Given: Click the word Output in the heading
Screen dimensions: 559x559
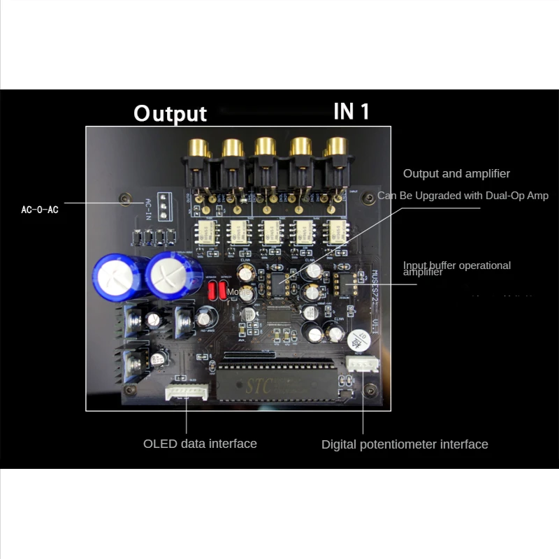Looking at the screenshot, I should click(x=170, y=113).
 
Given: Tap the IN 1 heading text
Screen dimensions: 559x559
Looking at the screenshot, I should click(x=351, y=111).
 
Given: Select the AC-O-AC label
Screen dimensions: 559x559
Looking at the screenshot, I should click(x=40, y=210).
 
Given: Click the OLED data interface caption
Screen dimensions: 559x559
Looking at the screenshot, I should click(x=200, y=444).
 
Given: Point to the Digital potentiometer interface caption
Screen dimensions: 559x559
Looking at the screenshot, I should click(x=405, y=444).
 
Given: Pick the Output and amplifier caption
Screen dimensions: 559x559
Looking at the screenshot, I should click(x=456, y=173).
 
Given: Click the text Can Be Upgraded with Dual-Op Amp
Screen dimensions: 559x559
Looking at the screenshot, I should click(x=463, y=196).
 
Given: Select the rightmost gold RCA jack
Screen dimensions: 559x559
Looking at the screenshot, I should click(x=334, y=149).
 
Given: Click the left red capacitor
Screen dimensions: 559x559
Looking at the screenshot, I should click(x=212, y=291).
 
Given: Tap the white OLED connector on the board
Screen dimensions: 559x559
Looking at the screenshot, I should click(x=187, y=393).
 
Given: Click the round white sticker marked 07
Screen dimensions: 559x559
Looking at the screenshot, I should click(x=359, y=340).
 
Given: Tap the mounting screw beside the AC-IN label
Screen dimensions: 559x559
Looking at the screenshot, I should click(x=126, y=199).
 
